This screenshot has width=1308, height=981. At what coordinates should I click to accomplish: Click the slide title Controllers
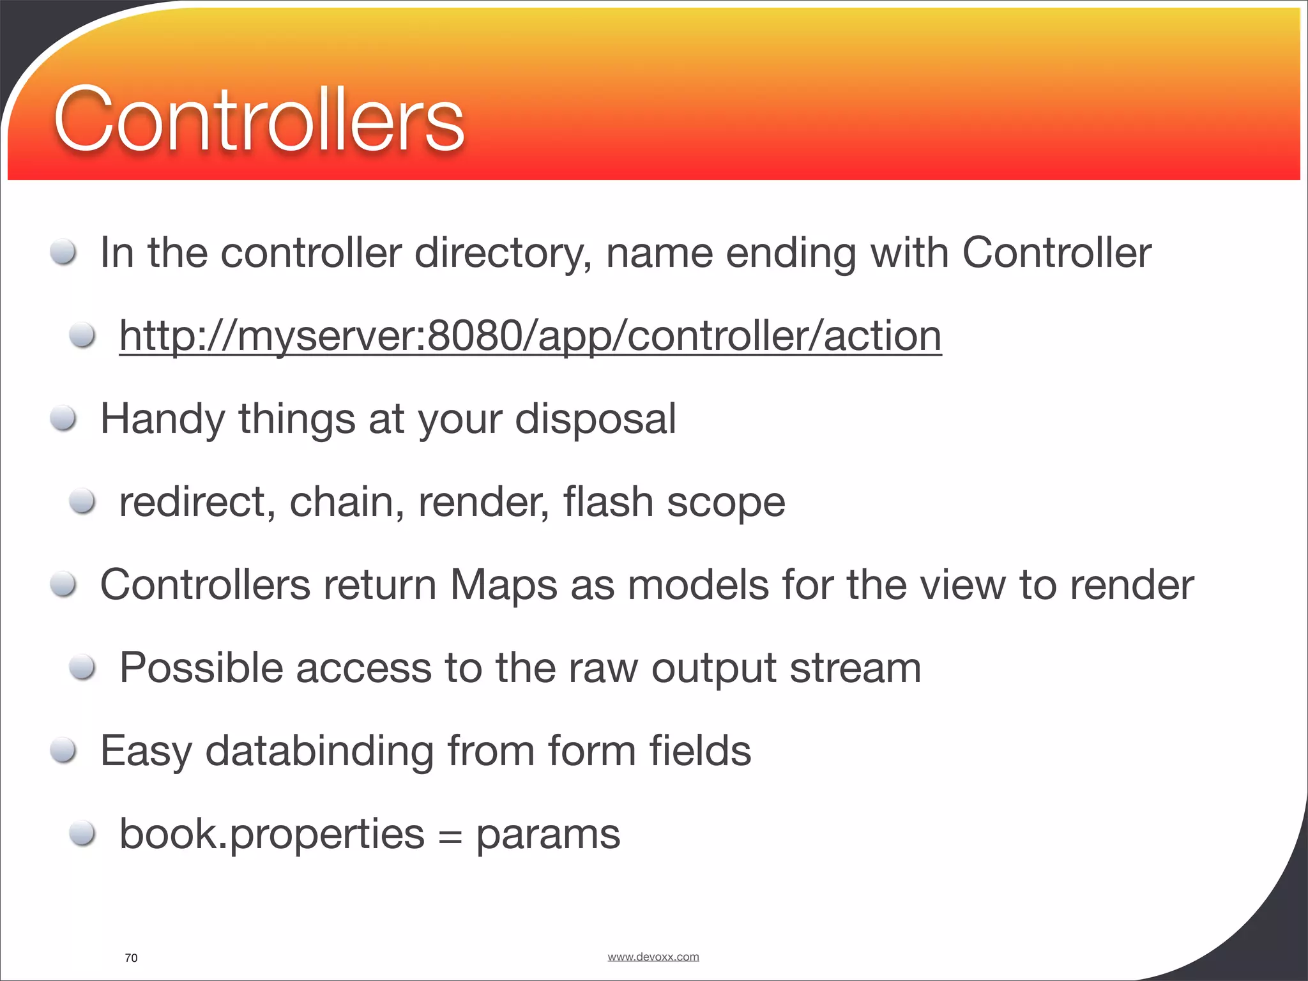click(x=259, y=119)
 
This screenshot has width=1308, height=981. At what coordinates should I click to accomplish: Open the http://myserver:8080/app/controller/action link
click(x=530, y=336)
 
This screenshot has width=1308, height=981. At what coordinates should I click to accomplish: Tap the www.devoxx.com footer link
click(x=653, y=957)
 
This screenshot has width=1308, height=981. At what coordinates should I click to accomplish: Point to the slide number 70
click(x=131, y=958)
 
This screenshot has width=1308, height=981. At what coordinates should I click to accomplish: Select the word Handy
click(x=163, y=420)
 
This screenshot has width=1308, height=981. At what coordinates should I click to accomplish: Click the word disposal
click(x=595, y=420)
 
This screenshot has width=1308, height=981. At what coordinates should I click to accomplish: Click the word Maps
click(x=503, y=586)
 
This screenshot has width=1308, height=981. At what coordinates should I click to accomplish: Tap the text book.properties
click(x=272, y=835)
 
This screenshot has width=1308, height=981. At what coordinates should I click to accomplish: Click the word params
click(x=548, y=835)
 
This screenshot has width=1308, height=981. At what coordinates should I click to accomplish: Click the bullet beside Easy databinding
click(x=64, y=750)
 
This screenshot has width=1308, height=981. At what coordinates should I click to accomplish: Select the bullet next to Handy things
click(x=64, y=420)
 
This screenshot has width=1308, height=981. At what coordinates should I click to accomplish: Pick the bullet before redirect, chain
click(x=83, y=502)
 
